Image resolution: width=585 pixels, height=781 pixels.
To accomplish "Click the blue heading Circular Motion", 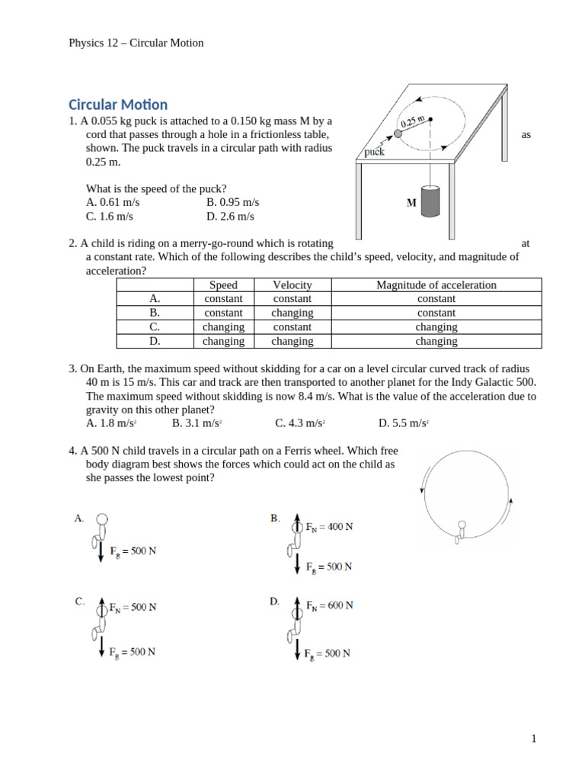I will (118, 104).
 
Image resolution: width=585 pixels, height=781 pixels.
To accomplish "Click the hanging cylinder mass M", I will (430, 203).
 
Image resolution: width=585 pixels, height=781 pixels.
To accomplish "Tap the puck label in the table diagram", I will (374, 152).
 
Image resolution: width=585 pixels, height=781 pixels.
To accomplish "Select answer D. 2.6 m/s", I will (230, 216).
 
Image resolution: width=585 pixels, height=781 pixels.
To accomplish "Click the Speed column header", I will (223, 285).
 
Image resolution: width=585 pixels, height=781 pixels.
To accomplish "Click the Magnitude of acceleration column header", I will (436, 285).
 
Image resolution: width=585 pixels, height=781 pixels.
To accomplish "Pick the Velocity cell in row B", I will (292, 313).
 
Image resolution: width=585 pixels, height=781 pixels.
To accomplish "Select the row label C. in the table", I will (155, 326).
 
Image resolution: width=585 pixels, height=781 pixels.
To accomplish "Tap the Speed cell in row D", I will (223, 341).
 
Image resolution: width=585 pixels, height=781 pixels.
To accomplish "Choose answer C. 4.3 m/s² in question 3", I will (300, 423).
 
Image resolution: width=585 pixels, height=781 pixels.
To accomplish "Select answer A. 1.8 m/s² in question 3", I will (111, 423).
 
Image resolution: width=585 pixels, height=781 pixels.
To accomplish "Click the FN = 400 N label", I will (329, 527).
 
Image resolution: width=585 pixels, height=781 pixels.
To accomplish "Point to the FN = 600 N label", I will (329, 606).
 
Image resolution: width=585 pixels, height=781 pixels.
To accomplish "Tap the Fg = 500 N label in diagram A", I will (133, 551).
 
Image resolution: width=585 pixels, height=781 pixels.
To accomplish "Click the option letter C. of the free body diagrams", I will (80, 601).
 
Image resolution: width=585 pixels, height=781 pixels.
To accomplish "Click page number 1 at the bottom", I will (534, 738).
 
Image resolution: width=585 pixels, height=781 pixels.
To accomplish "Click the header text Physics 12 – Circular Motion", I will (136, 43).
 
